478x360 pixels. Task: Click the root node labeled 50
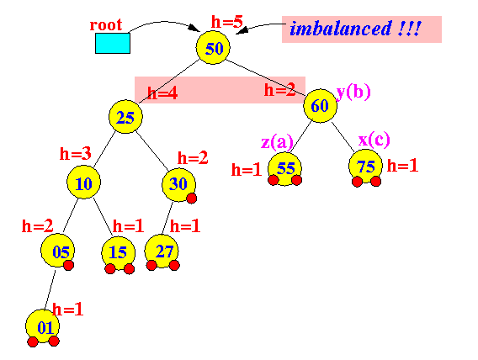click(x=213, y=47)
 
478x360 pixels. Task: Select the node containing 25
click(x=125, y=117)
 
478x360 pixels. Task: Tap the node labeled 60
click(x=320, y=106)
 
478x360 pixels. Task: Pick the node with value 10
click(x=83, y=183)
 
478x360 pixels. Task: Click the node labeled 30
click(x=178, y=184)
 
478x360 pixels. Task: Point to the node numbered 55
click(x=284, y=169)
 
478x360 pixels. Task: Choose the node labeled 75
click(x=365, y=167)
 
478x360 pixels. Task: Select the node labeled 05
click(x=57, y=251)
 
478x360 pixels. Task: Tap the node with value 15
click(x=119, y=253)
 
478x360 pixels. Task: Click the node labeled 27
click(x=162, y=251)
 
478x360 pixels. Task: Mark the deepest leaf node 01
click(x=42, y=326)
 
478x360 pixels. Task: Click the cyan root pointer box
click(x=113, y=43)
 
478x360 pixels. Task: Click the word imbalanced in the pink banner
click(x=341, y=29)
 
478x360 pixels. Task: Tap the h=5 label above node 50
click(x=227, y=22)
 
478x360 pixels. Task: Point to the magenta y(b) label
click(x=353, y=92)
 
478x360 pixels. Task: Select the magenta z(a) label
click(x=277, y=141)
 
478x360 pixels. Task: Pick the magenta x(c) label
click(x=374, y=140)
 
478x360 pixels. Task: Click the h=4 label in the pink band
click(x=162, y=93)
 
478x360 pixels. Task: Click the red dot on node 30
click(x=191, y=199)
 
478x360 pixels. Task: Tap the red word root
click(x=106, y=25)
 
